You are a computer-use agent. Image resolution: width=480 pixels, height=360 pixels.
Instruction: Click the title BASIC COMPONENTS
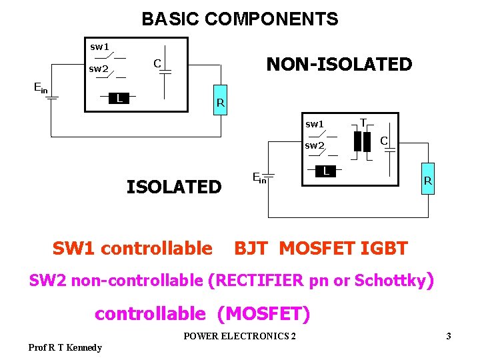pos(240,19)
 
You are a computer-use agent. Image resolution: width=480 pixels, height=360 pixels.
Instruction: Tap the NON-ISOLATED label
pos(339,65)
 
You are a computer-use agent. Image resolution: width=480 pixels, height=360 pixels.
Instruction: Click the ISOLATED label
pos(174,187)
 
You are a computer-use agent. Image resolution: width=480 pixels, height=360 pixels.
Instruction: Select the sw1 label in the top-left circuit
pos(99,47)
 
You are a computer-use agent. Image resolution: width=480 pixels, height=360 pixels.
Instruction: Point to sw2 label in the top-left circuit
pos(99,69)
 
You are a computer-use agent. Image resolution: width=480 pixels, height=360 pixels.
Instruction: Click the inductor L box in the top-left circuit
pos(119,99)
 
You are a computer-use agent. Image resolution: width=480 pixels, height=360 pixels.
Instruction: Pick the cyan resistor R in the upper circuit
pos(219,100)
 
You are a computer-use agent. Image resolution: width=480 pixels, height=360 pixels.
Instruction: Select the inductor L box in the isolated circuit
pos(325,171)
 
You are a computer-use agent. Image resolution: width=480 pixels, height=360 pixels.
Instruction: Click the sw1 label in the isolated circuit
pos(314,124)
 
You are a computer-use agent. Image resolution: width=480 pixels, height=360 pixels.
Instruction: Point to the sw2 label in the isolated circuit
pos(314,145)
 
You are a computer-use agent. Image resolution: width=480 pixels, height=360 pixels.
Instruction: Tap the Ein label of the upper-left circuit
pos(41,87)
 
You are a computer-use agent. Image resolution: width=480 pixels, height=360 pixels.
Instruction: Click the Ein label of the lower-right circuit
pos(259,177)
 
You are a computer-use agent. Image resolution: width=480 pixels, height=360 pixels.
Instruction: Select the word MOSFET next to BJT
pos(317,249)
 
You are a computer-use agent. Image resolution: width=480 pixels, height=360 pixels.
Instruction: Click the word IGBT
pos(383,249)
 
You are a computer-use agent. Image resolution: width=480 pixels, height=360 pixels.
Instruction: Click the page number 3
pos(449,336)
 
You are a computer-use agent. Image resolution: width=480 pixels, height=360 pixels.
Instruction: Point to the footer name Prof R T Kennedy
pos(65,347)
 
